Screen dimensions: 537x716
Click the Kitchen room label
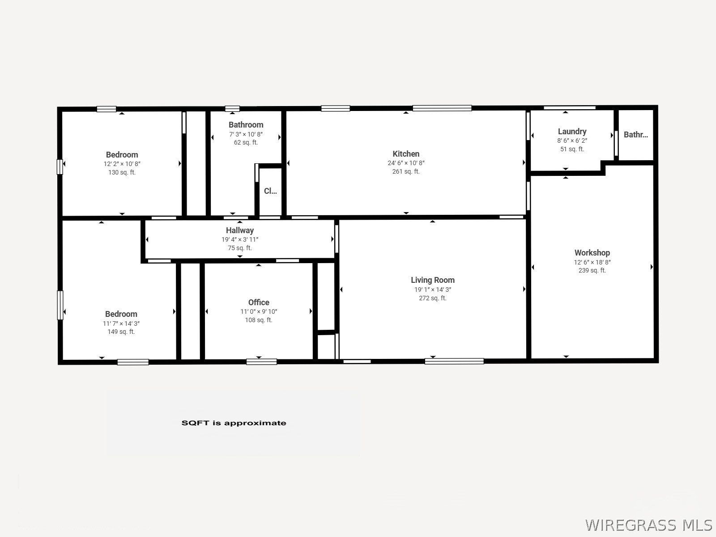[406, 154]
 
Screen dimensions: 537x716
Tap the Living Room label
[433, 280]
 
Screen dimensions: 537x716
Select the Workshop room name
[592, 253]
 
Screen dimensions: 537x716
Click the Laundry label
[572, 132]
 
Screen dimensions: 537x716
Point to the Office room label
[259, 303]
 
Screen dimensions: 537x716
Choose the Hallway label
[239, 230]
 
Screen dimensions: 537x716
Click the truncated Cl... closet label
[270, 191]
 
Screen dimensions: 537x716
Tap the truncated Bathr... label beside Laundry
[635, 135]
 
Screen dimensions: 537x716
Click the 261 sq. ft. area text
[406, 171]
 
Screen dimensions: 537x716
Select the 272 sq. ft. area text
[433, 298]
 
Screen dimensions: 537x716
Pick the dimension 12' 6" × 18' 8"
[592, 262]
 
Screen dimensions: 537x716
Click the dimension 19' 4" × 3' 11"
[239, 239]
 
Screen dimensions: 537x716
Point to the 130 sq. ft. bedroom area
[122, 172]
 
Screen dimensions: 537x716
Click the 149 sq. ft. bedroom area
[121, 332]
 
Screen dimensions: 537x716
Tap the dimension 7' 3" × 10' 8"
[246, 134]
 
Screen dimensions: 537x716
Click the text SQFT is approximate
[234, 423]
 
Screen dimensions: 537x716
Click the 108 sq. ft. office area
[259, 320]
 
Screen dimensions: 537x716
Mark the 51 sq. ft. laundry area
[572, 149]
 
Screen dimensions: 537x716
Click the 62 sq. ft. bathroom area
[246, 142]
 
